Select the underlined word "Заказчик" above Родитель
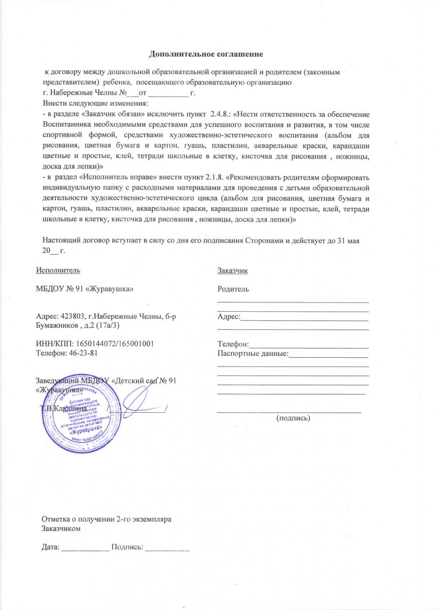pos(232,270)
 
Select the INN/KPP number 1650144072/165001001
pos(121,344)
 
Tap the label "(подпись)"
pos(293,418)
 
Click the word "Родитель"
pos(233,289)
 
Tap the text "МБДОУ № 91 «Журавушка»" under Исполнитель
pos(84,289)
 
